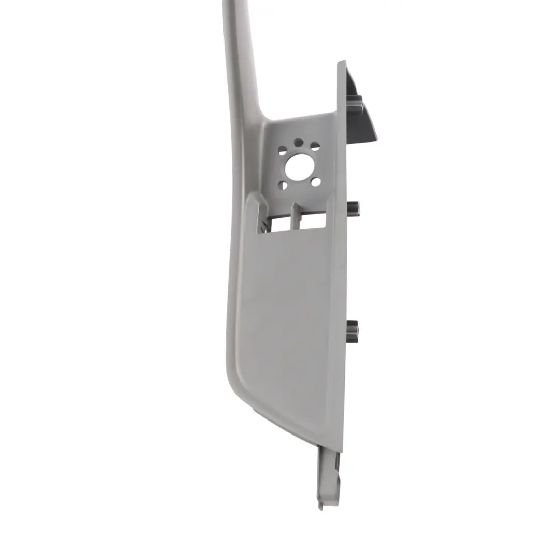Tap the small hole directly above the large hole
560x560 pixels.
click(x=299, y=142)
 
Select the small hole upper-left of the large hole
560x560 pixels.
click(x=283, y=151)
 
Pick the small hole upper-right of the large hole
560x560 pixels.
click(x=315, y=146)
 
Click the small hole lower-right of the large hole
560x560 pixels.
click(x=315, y=182)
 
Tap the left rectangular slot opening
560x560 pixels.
click(x=280, y=222)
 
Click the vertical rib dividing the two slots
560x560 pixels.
click(x=296, y=216)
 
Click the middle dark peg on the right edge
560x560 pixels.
click(x=354, y=208)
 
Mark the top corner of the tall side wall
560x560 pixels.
click(x=342, y=63)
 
